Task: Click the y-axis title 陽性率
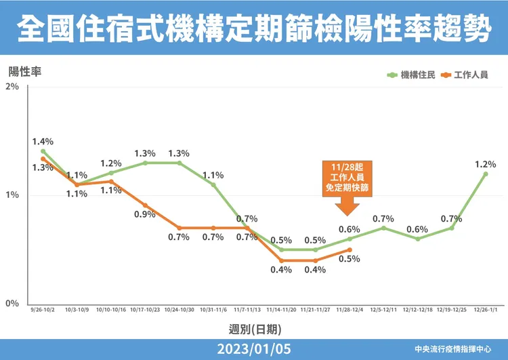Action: tap(25, 71)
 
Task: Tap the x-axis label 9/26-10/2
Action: tap(42, 311)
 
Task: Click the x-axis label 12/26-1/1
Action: tap(485, 311)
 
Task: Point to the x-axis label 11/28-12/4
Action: tap(349, 311)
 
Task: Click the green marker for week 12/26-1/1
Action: tap(485, 174)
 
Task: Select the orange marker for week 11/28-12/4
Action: tap(349, 249)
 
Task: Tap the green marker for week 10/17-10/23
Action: tap(144, 163)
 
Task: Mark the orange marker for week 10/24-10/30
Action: tap(179, 228)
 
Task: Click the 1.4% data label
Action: tap(42, 142)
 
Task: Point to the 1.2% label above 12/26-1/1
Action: tap(485, 163)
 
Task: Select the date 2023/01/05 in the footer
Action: tap(253, 349)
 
